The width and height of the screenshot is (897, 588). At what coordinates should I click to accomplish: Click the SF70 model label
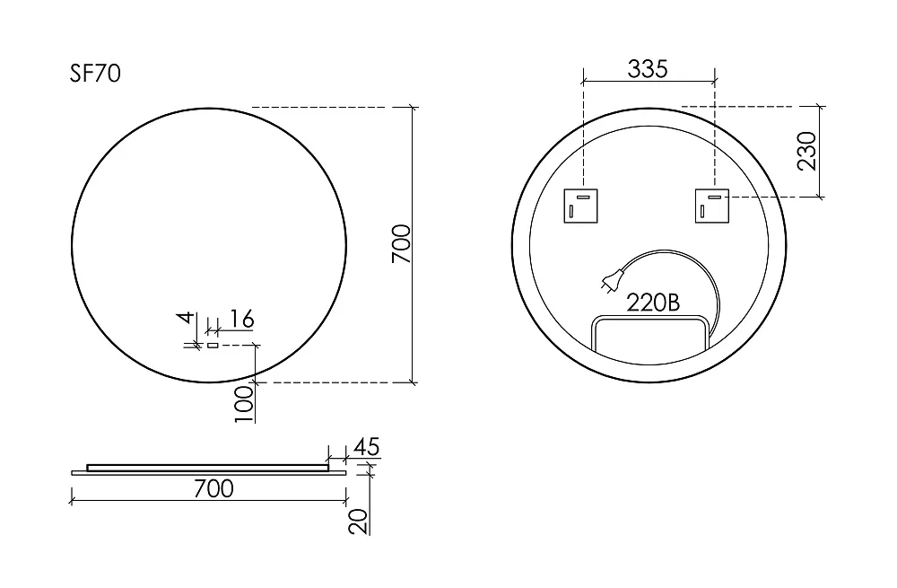(95, 74)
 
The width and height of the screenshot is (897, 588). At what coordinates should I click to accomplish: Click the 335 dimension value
(648, 69)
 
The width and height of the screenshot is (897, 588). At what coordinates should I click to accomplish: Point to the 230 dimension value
(806, 151)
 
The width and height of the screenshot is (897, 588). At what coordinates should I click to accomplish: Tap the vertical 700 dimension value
(401, 244)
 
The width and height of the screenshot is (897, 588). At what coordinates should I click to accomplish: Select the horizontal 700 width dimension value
(213, 488)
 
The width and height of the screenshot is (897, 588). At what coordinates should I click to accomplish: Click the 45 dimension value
(367, 446)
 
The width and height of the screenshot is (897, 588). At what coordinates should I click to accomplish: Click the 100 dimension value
(244, 404)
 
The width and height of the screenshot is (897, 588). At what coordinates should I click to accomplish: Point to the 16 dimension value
(242, 319)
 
